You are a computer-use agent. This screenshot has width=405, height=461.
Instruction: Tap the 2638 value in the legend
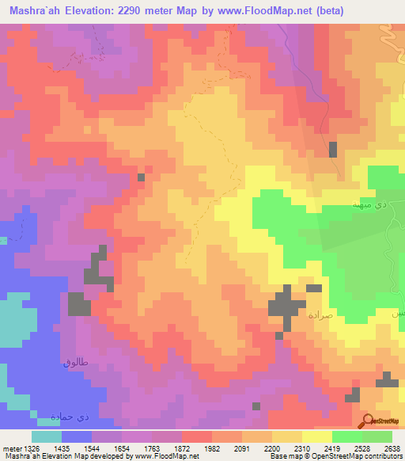tap(393, 448)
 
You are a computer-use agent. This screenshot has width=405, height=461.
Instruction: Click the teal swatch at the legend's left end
tap(47, 436)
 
